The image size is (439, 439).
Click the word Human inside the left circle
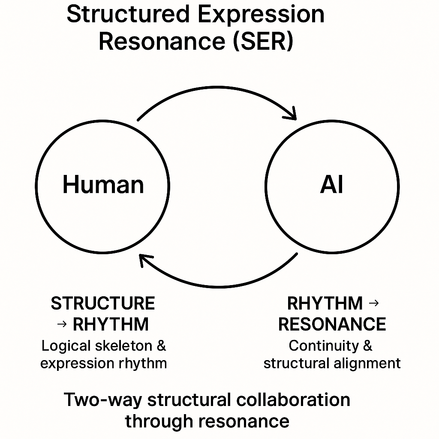click(x=103, y=185)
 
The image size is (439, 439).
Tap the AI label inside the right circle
click(x=331, y=185)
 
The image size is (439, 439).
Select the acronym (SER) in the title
click(x=263, y=42)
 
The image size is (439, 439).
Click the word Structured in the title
click(x=127, y=14)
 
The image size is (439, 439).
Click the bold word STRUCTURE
click(x=103, y=304)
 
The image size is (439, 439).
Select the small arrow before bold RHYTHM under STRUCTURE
click(x=62, y=325)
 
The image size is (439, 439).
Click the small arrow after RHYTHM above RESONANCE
click(x=374, y=304)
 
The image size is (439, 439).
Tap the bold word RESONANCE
click(x=332, y=325)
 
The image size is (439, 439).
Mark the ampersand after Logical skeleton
click(x=161, y=346)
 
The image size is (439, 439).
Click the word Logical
click(x=66, y=346)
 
